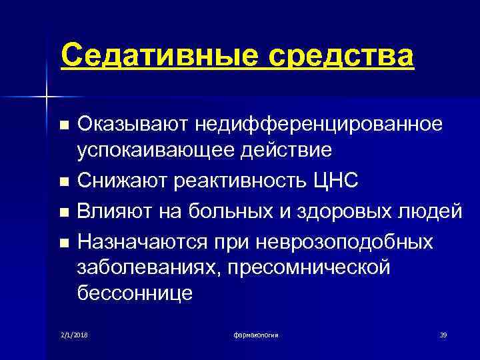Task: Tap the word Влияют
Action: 115,211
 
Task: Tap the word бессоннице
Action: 135,293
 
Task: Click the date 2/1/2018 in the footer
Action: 74,333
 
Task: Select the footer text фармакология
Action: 256,333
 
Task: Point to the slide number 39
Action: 443,333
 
